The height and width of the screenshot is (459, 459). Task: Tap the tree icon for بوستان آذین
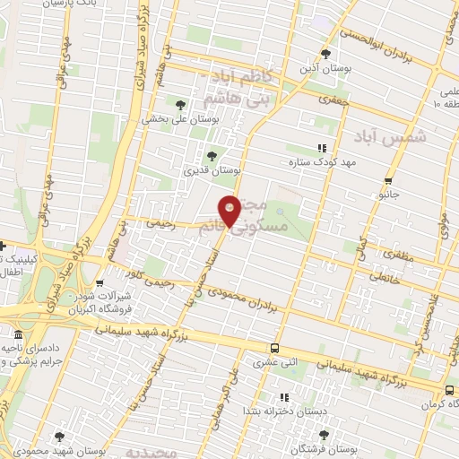click(x=337, y=54)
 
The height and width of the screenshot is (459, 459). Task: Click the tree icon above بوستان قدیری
click(x=212, y=154)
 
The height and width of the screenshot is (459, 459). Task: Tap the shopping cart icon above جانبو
click(x=388, y=178)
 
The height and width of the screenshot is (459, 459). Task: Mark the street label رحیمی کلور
click(x=148, y=280)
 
